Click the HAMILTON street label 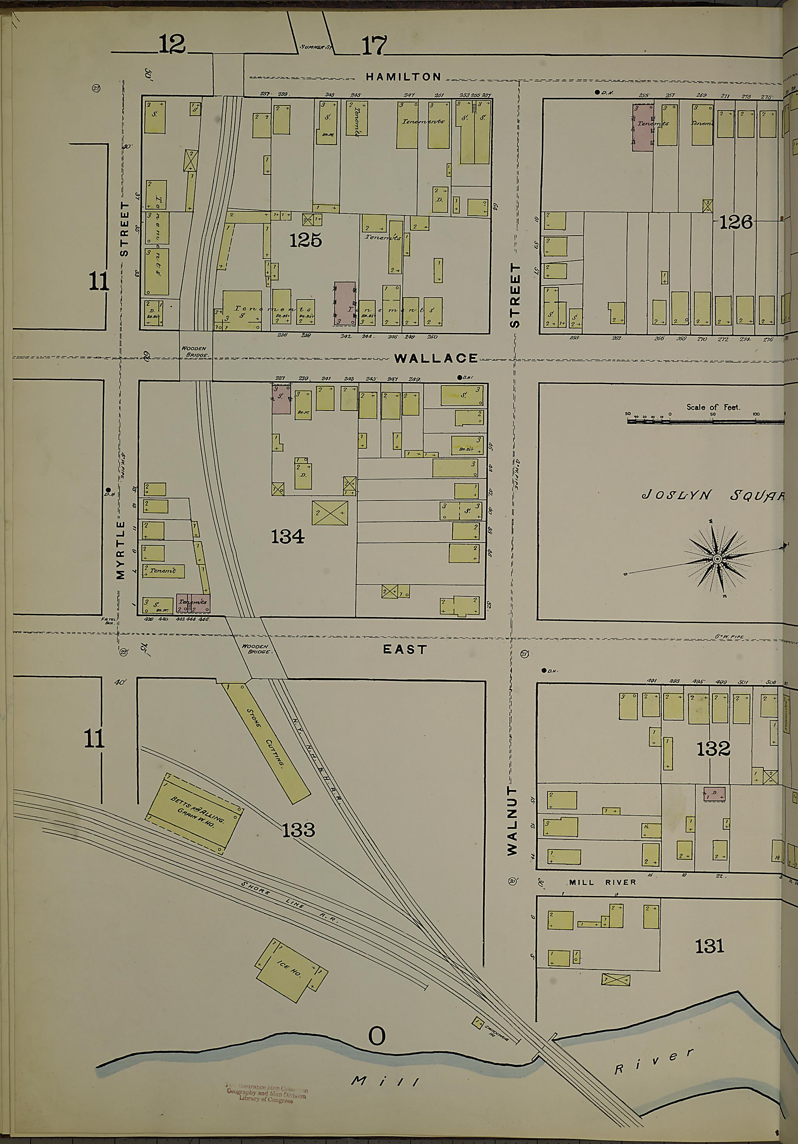pos(403,77)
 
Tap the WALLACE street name pos(436,358)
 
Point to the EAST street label pos(405,649)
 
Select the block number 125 pos(305,241)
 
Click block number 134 pos(288,537)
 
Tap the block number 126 pos(735,222)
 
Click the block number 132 pos(713,748)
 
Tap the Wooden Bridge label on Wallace pos(196,351)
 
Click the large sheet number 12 pos(172,45)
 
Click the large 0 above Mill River pos(377,1037)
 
